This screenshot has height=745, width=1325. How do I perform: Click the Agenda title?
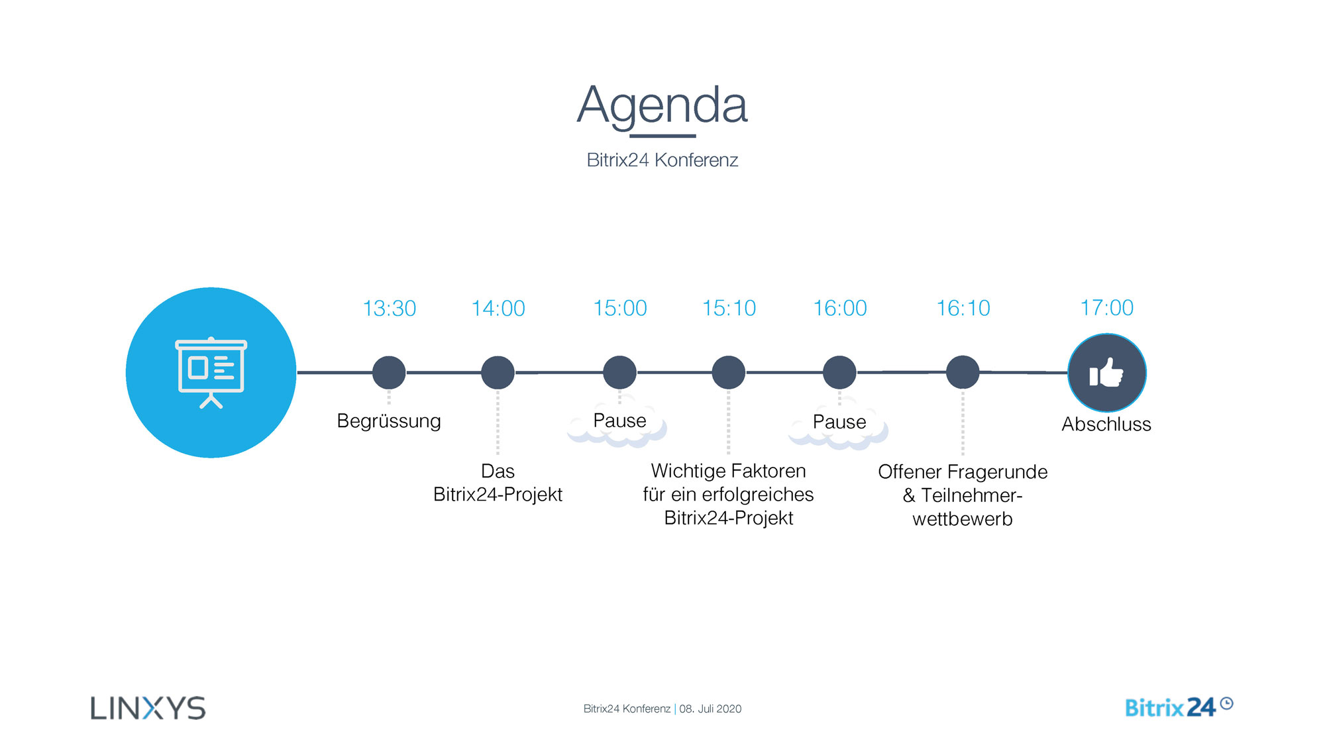(662, 106)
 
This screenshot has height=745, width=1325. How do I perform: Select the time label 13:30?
(389, 309)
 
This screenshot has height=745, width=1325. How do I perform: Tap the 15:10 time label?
(729, 309)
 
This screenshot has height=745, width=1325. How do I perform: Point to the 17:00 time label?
(1106, 308)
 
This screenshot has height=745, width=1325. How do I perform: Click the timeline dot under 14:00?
(498, 373)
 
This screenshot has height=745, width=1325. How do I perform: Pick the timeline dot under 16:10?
(963, 372)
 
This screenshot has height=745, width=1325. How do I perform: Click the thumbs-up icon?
(1106, 373)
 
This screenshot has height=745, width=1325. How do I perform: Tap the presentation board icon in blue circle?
(211, 372)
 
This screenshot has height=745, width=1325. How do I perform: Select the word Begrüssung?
(389, 421)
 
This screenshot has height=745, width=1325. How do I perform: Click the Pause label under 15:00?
(619, 421)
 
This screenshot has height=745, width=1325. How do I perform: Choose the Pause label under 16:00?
(839, 422)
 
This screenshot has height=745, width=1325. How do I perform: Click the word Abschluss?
(1106, 424)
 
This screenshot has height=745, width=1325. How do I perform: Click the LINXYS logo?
(148, 708)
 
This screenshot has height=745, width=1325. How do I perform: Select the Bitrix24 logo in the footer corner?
(1179, 707)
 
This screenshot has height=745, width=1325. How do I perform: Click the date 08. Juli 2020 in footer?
(710, 709)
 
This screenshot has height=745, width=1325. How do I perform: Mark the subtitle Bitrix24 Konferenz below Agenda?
(662, 160)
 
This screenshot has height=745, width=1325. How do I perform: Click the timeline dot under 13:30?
(389, 373)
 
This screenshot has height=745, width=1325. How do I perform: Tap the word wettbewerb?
(963, 519)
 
